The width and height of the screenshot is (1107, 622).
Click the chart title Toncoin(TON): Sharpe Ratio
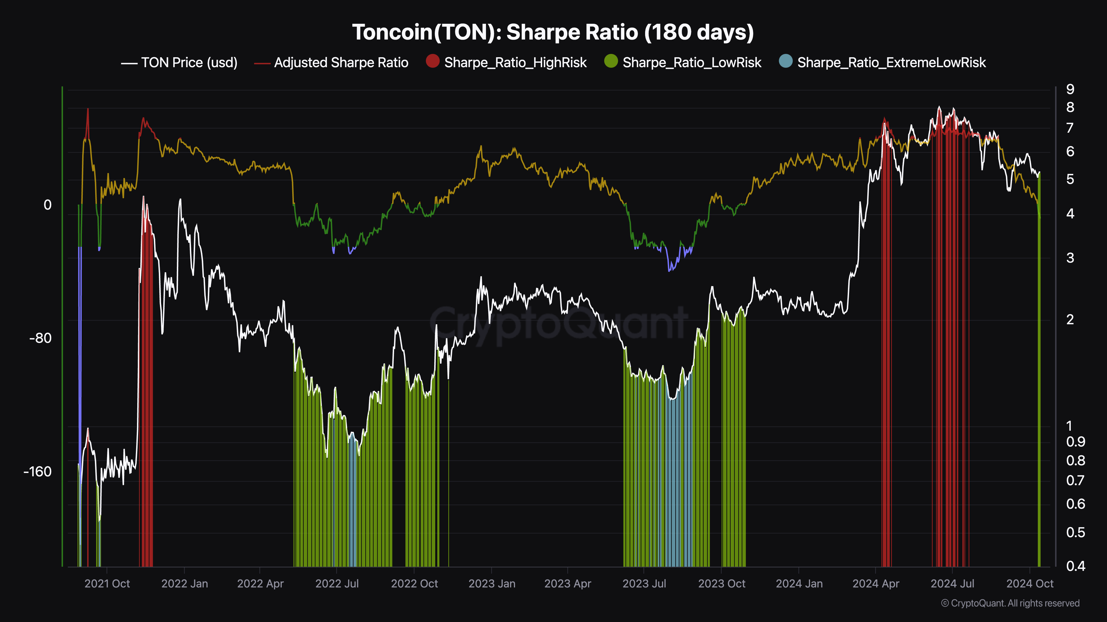(x=553, y=32)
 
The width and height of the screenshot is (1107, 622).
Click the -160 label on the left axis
(x=38, y=472)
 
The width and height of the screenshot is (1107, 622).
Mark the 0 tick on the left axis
(x=47, y=205)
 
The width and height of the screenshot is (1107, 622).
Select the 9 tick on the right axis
(x=1070, y=89)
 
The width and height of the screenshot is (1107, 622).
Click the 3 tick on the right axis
(x=1070, y=258)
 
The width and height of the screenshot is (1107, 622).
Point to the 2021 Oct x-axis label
(x=107, y=584)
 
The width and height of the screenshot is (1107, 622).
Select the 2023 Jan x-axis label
(x=492, y=584)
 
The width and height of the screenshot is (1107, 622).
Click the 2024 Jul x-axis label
(x=952, y=584)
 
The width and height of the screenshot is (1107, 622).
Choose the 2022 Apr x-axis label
(x=260, y=584)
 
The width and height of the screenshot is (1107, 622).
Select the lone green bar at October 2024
(x=1039, y=386)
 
